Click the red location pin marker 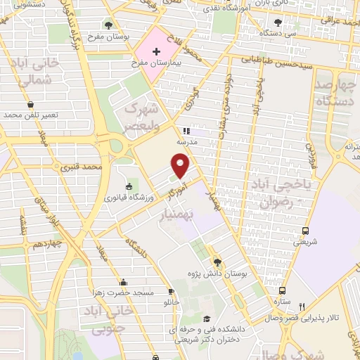click(x=181, y=167)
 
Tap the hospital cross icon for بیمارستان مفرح click(x=156, y=52)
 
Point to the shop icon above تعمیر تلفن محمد click(x=30, y=104)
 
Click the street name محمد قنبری click(x=82, y=168)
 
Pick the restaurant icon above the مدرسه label click(x=186, y=130)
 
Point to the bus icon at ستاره click(x=282, y=290)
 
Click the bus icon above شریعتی click(x=306, y=231)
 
